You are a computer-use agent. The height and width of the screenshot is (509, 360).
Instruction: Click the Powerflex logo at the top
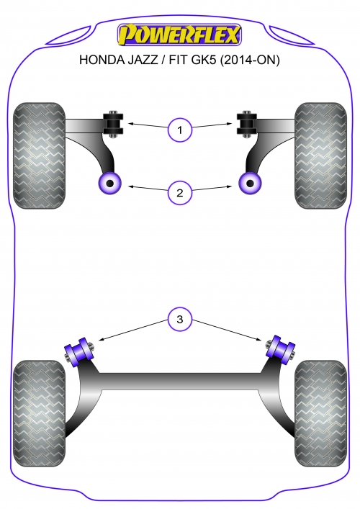click(179, 34)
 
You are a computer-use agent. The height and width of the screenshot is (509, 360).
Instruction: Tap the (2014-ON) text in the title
click(250, 60)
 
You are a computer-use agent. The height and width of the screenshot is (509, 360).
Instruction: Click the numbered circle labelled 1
click(180, 130)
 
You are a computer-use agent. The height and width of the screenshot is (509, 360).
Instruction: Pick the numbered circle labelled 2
click(180, 193)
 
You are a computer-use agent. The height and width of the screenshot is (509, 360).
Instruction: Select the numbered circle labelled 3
click(180, 319)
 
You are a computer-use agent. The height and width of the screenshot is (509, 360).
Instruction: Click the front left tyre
click(39, 156)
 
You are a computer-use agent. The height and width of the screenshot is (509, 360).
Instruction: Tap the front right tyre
click(320, 156)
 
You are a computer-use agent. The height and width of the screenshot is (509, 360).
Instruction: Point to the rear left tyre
click(39, 413)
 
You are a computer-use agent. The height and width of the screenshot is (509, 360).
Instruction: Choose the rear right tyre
click(320, 413)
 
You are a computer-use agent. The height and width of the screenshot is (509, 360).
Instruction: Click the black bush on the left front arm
click(113, 124)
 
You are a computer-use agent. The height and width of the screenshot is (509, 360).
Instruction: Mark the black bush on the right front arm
click(247, 124)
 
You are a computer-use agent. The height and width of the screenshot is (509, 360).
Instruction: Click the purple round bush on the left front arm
click(109, 184)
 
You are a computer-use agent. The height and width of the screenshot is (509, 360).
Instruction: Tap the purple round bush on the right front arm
click(250, 184)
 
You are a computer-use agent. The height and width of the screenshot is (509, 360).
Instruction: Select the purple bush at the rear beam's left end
click(79, 352)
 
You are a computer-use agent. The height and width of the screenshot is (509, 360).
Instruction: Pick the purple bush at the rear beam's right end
click(281, 350)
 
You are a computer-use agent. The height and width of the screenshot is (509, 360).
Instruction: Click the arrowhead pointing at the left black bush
click(130, 123)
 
